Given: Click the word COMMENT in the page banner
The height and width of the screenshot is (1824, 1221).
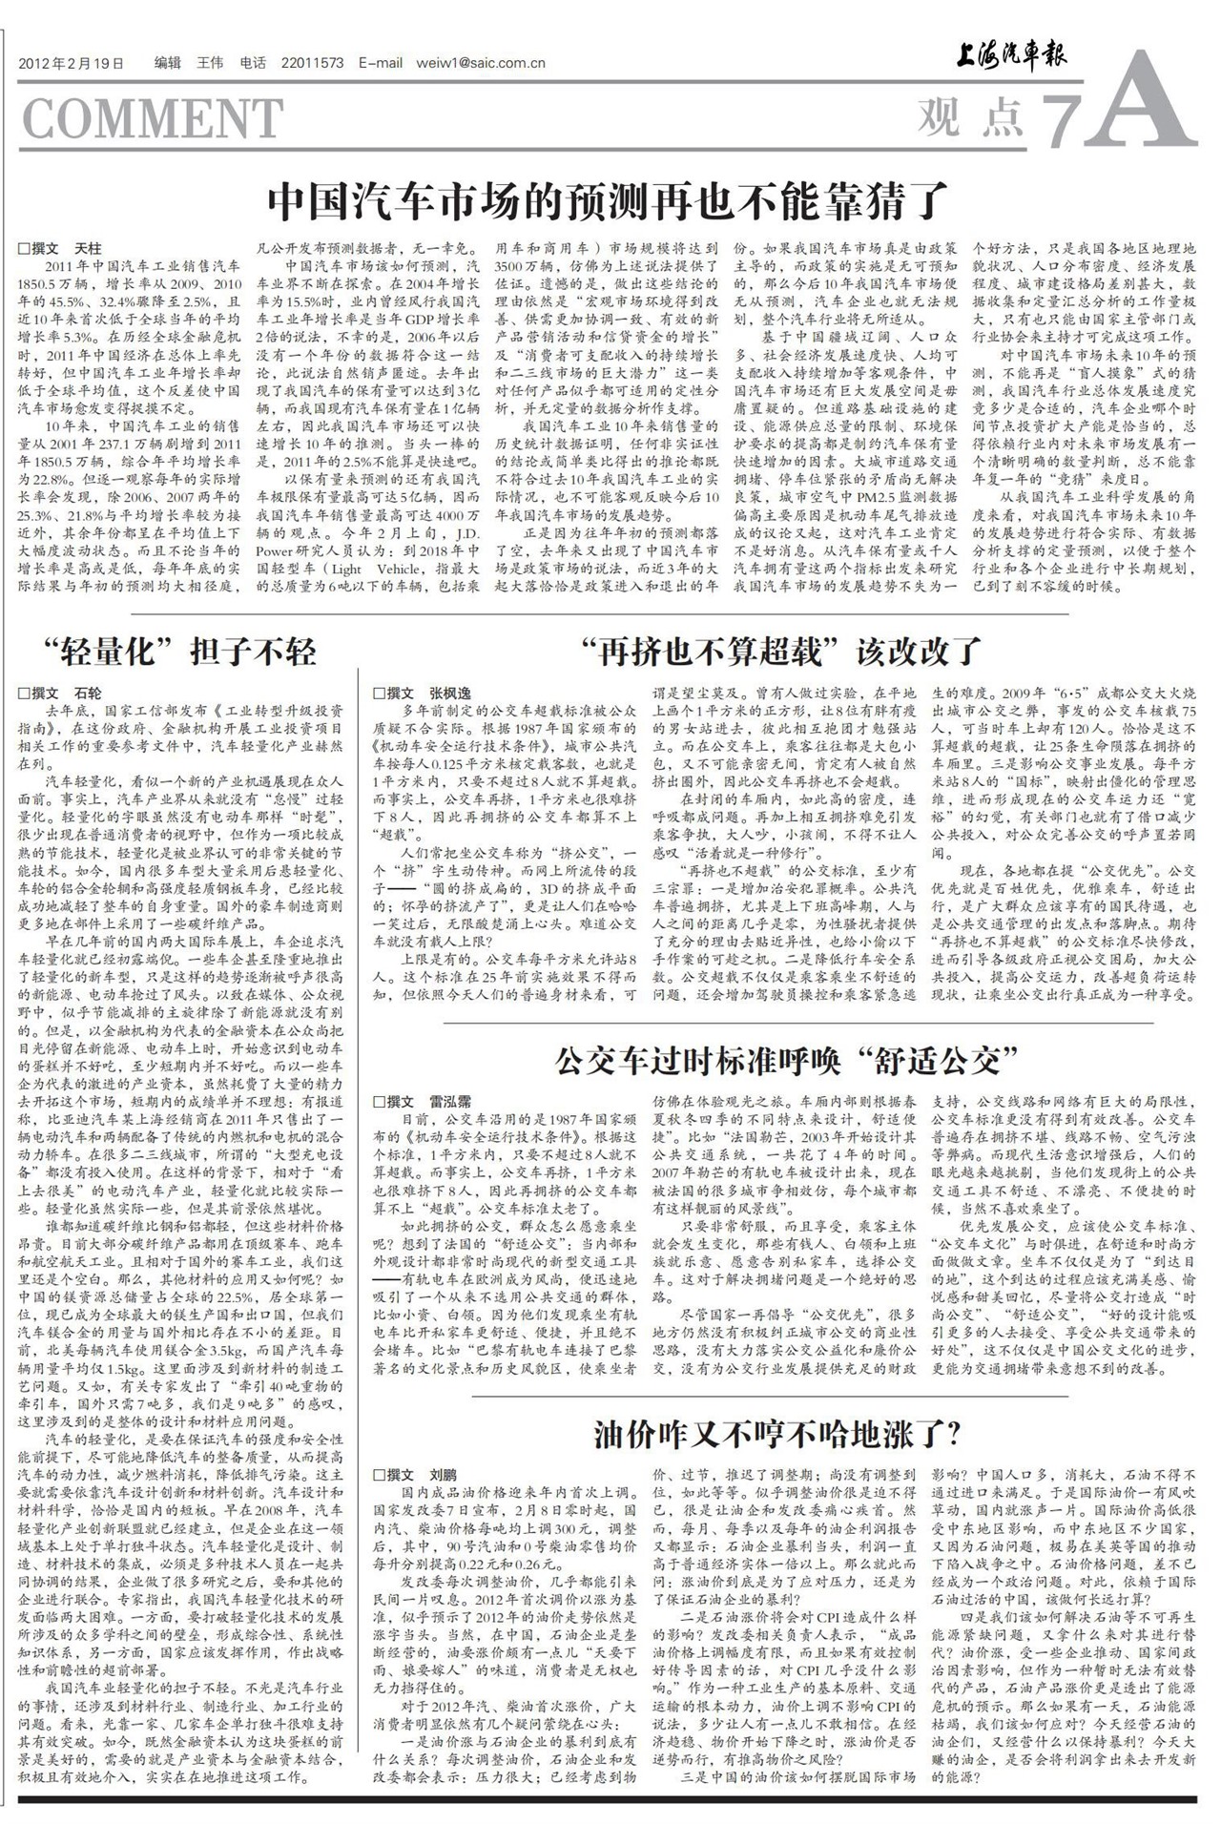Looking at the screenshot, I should pyautogui.click(x=152, y=118).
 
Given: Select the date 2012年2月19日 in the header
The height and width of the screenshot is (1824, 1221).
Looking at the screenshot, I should pyautogui.click(x=72, y=64).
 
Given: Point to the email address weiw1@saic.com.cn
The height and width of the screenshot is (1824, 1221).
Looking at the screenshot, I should pyautogui.click(x=481, y=64).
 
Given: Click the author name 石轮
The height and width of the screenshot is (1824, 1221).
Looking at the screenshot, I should pyautogui.click(x=88, y=693).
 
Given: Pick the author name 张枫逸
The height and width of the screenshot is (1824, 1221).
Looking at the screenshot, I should pyautogui.click(x=449, y=693).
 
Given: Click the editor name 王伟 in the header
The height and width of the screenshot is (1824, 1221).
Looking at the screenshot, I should pyautogui.click(x=209, y=64).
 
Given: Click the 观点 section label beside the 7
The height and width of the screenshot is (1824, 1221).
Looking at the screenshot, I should pyautogui.click(x=968, y=117).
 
